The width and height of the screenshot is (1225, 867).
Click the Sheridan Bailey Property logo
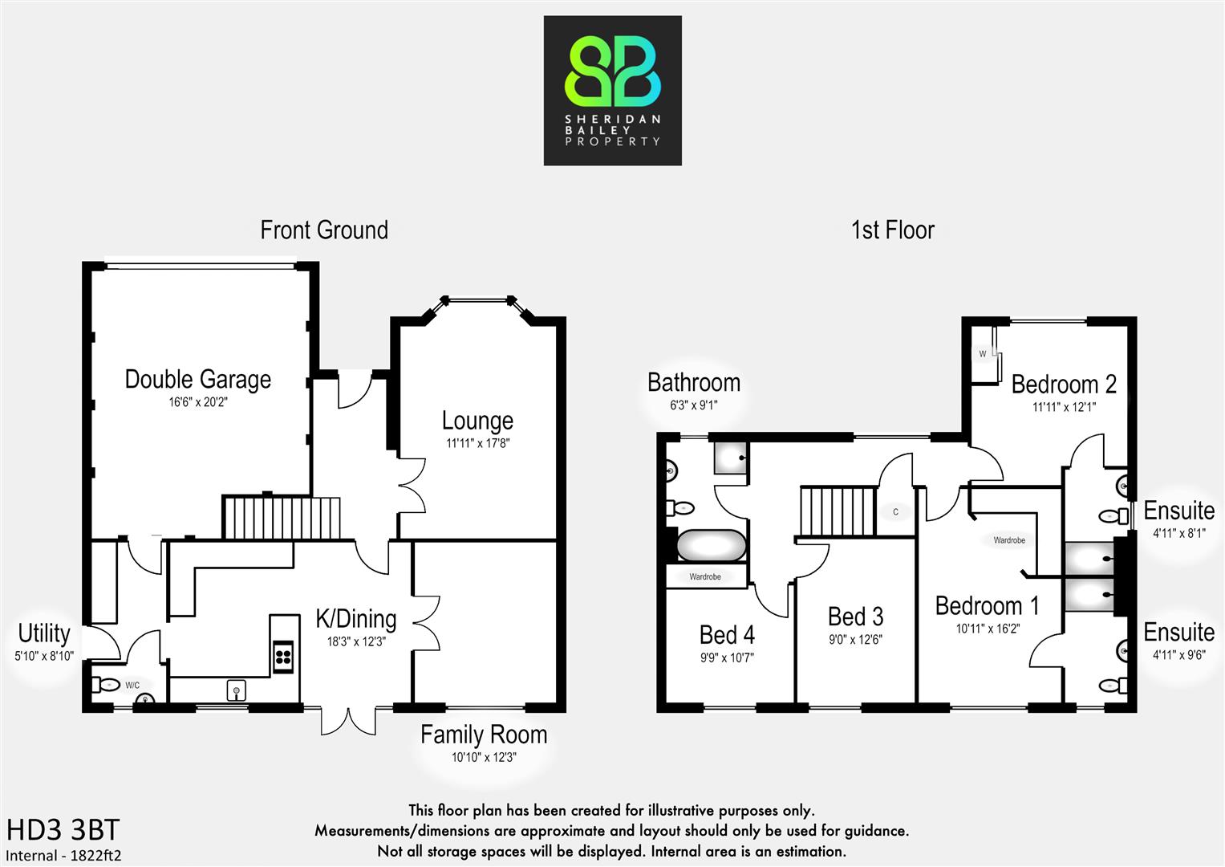tap(612, 91)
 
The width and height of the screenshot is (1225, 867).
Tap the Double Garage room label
tap(198, 380)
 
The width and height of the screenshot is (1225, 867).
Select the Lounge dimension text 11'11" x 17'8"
tap(478, 443)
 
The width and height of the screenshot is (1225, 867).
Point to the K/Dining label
tap(356, 619)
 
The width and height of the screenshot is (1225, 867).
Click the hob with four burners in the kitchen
tap(283, 657)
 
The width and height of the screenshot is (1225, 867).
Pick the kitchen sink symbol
tap(236, 690)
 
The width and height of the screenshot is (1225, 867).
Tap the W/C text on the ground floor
tap(132, 686)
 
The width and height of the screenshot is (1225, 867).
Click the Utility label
tap(44, 633)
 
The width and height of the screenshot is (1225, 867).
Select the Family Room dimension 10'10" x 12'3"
tap(484, 757)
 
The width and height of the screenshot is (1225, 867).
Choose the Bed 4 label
tap(727, 635)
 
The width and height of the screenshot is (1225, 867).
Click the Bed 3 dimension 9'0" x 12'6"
tap(855, 640)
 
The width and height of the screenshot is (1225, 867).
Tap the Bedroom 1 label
tap(987, 606)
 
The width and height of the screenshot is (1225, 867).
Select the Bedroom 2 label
tap(1064, 385)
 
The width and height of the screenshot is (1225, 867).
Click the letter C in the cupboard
tap(896, 512)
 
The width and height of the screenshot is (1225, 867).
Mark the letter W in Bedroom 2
tap(983, 354)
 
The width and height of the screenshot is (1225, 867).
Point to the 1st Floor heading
tap(892, 230)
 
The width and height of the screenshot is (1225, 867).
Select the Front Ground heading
tap(324, 230)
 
